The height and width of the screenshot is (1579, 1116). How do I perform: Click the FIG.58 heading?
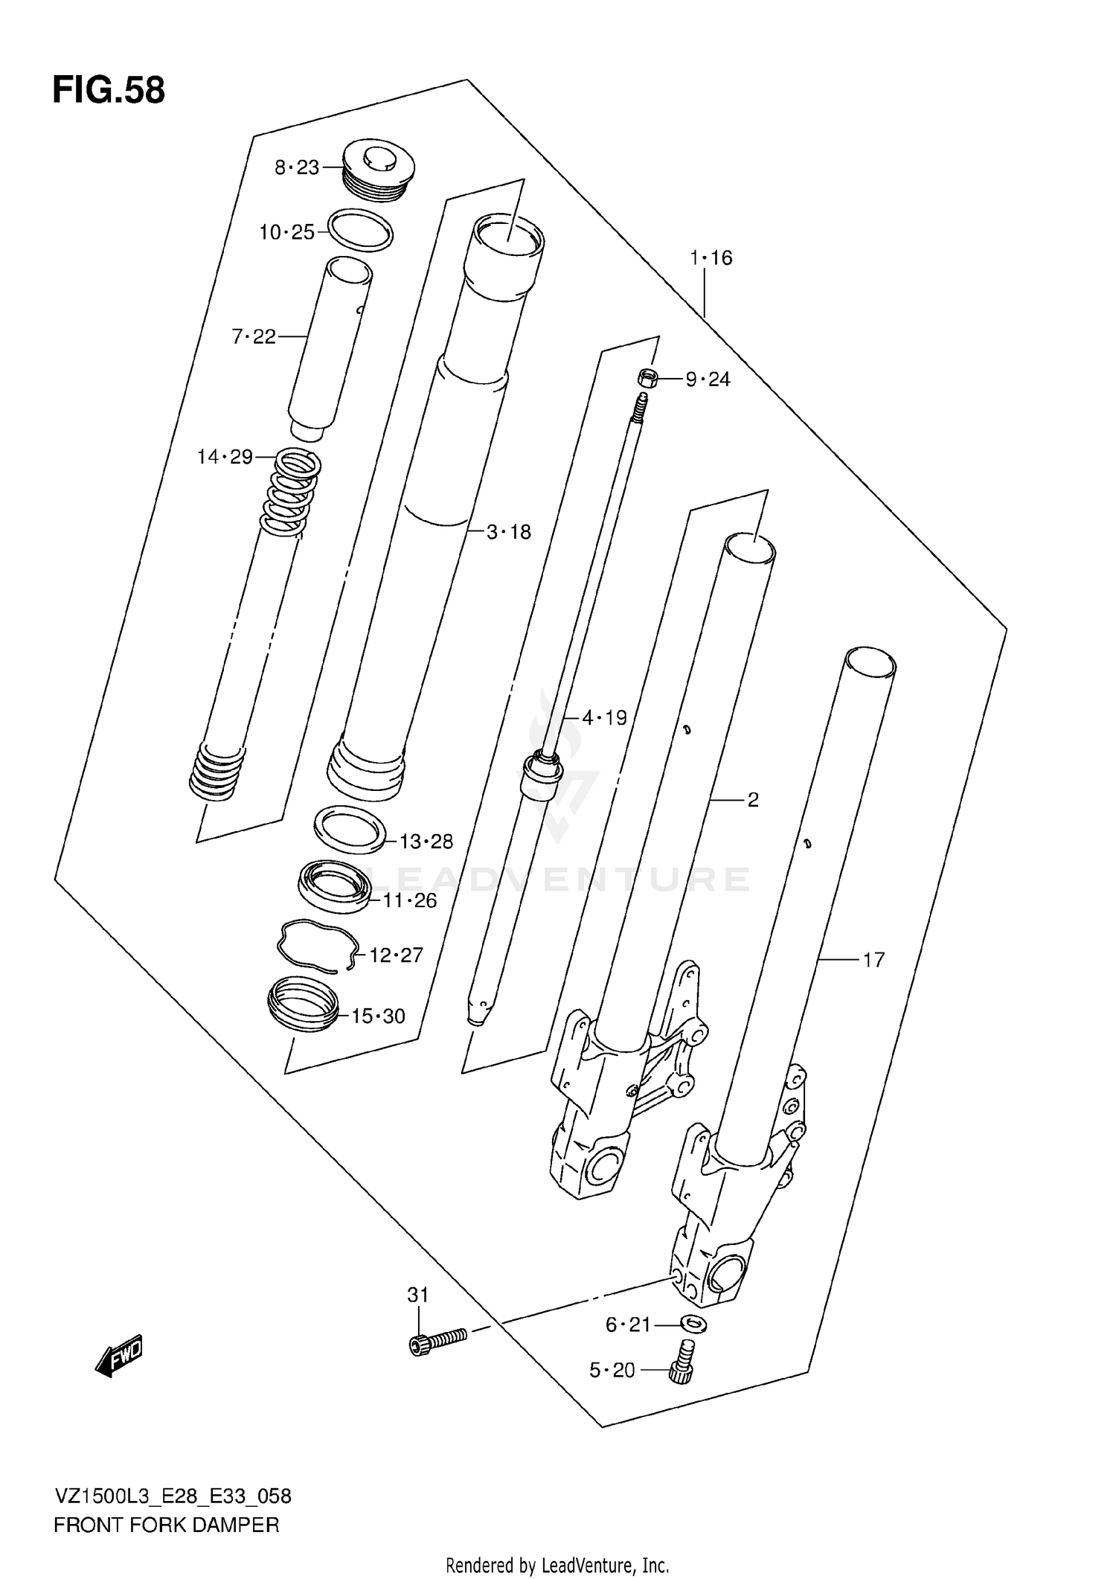tap(109, 91)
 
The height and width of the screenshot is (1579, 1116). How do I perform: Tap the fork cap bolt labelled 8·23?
tap(378, 173)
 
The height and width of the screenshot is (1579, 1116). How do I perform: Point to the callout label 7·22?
tap(254, 337)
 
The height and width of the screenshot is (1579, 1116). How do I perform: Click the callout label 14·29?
tap(225, 457)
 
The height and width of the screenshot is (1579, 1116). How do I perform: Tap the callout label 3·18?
tap(509, 532)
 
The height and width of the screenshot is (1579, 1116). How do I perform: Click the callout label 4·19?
tap(604, 718)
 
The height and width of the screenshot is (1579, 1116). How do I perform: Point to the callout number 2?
tap(753, 800)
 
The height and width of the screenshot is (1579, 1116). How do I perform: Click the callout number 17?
tap(873, 960)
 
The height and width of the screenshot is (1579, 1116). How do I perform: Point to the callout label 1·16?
tap(711, 258)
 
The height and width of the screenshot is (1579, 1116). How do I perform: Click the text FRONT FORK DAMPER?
tap(167, 1525)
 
